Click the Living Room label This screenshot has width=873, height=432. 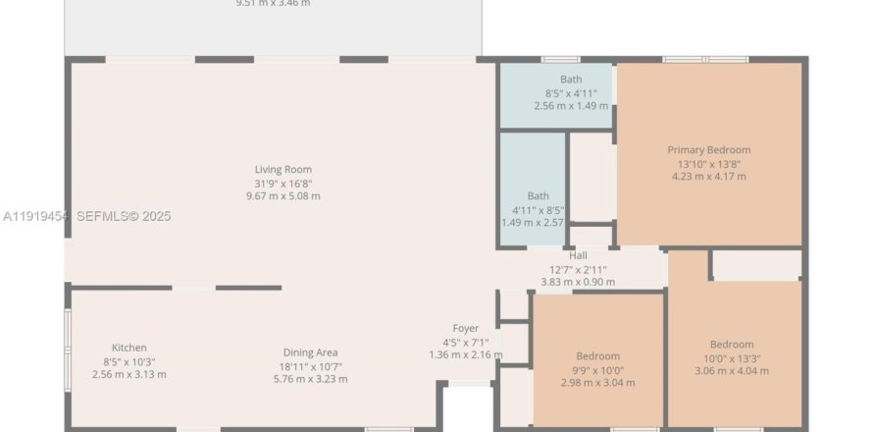[282, 170]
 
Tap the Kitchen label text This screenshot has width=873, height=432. [129, 348]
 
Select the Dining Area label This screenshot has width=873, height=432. [311, 352]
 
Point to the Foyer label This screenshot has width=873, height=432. [465, 328]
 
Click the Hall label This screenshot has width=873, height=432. [578, 255]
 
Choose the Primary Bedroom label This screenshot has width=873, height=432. [708, 150]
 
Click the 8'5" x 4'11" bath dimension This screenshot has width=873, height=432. [571, 92]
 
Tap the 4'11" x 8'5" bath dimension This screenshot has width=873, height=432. [538, 209]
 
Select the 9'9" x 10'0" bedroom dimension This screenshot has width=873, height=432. [597, 369]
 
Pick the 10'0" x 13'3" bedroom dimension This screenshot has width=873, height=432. [732, 357]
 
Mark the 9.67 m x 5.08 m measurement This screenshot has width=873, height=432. [282, 195]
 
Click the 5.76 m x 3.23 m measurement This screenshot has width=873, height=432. [311, 378]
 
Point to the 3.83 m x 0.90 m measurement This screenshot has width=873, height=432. [578, 282]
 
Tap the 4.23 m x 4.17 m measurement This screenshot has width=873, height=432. [708, 177]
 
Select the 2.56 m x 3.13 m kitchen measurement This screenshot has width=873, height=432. [129, 374]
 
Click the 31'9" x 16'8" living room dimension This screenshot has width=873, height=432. [282, 183]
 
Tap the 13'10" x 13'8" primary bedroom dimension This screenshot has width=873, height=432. [708, 164]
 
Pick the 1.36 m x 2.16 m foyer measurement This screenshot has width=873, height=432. [465, 354]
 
